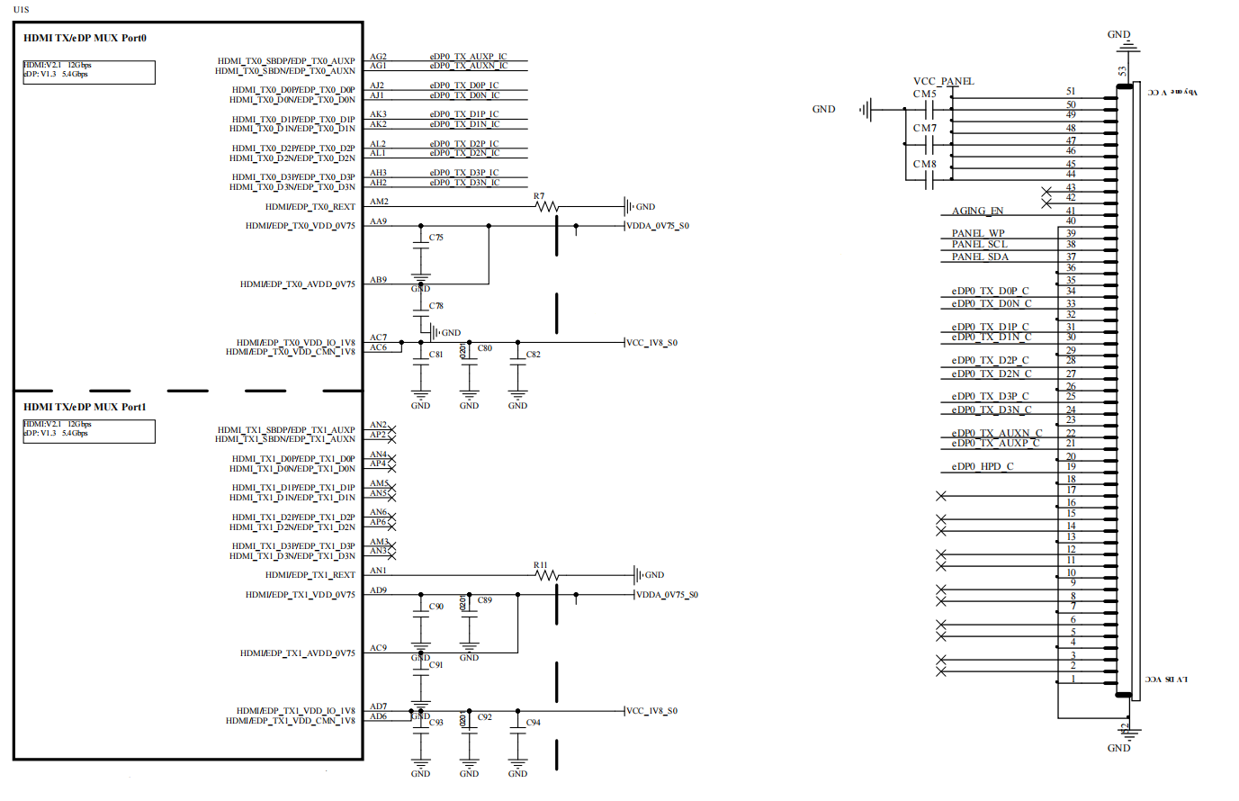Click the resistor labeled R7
click(546, 207)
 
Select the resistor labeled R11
click(546, 575)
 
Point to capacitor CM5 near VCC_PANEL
click(929, 110)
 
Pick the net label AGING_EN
click(977, 211)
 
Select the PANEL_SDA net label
click(980, 257)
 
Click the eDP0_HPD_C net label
click(983, 467)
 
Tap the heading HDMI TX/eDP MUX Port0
click(85, 39)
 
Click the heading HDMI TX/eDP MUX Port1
click(85, 408)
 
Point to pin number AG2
click(378, 57)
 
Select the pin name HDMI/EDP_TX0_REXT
click(310, 207)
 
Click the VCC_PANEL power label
click(943, 82)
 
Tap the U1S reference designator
click(21, 10)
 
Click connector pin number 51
click(1071, 92)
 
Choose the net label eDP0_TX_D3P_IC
click(464, 173)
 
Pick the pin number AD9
click(378, 590)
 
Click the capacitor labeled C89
click(469, 611)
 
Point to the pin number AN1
click(378, 571)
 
